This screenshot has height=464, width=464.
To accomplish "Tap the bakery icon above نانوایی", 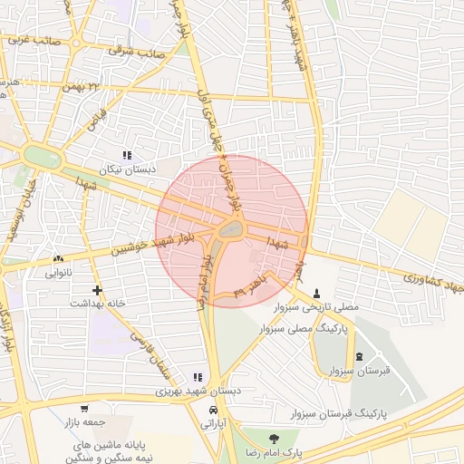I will (59, 258).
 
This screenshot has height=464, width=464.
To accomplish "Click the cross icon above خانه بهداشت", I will (97, 290).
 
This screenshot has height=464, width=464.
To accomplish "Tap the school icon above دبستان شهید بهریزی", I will (198, 377).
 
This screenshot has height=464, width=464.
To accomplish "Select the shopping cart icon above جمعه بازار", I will (85, 409).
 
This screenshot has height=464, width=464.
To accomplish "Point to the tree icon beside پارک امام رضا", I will (269, 439).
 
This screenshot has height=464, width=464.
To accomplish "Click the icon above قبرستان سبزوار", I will (360, 356).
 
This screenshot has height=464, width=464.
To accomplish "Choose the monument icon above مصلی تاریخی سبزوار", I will (316, 293).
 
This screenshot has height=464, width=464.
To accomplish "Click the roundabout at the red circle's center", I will (231, 232).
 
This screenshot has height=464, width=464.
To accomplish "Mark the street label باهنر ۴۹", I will (250, 286).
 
